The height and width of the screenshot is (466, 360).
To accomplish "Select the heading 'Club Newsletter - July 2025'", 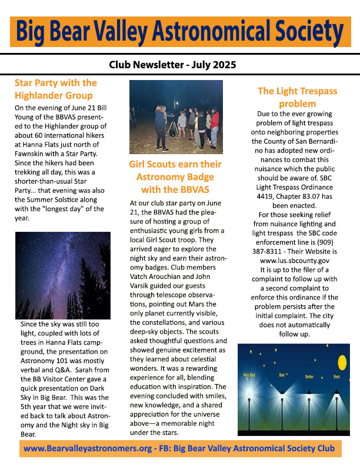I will tap(180, 65).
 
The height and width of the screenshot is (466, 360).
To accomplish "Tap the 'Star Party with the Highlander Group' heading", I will tap(55, 89).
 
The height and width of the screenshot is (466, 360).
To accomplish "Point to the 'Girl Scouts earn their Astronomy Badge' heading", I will tap(175, 177).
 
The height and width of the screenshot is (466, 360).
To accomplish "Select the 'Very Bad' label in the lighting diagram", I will tap(249, 375).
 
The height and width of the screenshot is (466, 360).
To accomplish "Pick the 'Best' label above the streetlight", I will tap(336, 376).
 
